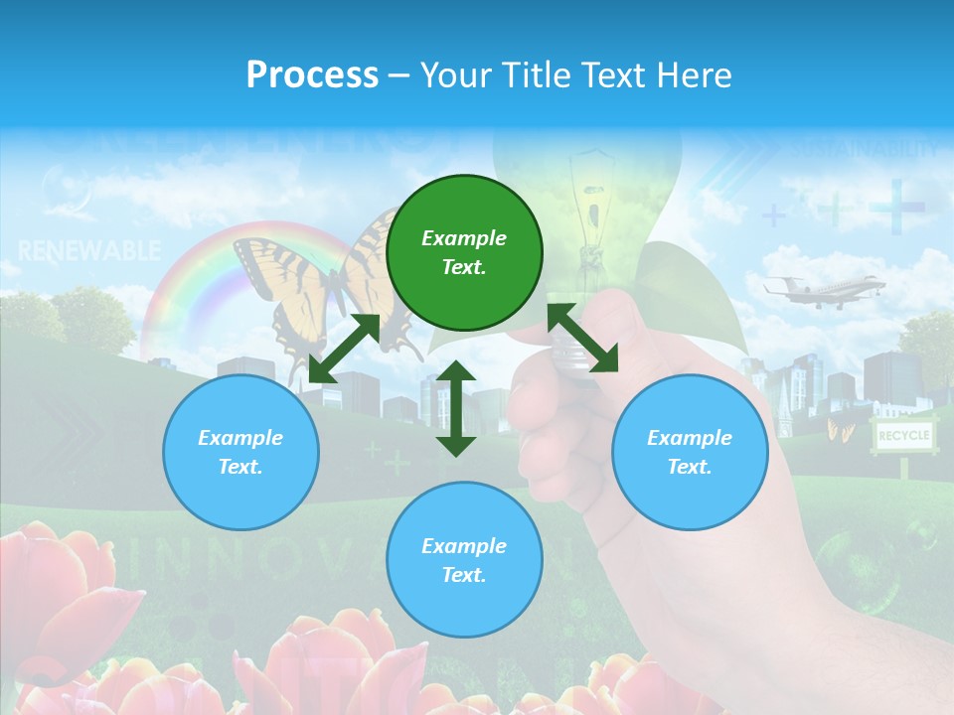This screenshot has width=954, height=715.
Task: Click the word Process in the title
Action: [312, 74]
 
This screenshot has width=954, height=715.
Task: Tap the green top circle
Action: [464, 253]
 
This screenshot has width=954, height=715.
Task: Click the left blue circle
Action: [240, 452]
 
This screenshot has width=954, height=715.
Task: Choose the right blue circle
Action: [690, 452]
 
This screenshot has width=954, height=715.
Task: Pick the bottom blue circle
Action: [464, 560]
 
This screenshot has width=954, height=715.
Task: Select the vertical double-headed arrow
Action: [456, 408]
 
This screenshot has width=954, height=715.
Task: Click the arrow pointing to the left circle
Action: [344, 349]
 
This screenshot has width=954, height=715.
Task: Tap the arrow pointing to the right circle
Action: [582, 338]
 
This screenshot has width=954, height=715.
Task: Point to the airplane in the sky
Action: [823, 289]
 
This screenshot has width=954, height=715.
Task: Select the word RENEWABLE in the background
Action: [88, 251]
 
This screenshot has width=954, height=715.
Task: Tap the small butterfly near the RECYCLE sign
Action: [840, 429]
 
